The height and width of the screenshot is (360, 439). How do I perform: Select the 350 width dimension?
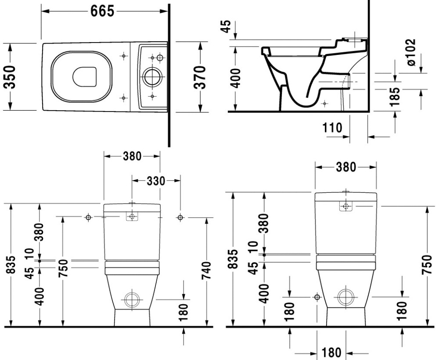point(10,77)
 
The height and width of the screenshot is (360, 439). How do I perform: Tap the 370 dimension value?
point(200,77)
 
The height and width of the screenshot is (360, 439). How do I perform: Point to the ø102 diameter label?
point(411,53)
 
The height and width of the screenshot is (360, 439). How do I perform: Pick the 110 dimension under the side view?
point(332,128)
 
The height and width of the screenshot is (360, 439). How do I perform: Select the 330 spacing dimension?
point(156,180)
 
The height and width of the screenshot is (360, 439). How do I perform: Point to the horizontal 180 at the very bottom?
point(331,353)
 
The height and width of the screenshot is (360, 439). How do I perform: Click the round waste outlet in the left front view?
point(131,299)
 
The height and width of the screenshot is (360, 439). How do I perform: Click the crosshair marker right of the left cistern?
point(180,217)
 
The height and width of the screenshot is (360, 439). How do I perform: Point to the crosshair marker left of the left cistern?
point(89,217)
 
